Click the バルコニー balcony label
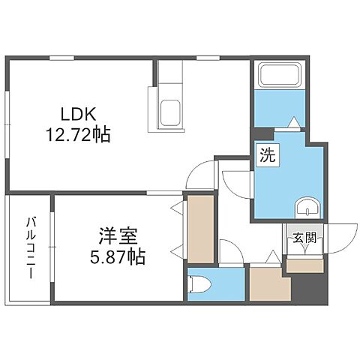coord(31,247)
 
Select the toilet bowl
coord(198,284)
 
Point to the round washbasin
coord(305,208)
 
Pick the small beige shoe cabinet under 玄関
coord(304,265)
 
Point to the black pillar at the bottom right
coord(310,289)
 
